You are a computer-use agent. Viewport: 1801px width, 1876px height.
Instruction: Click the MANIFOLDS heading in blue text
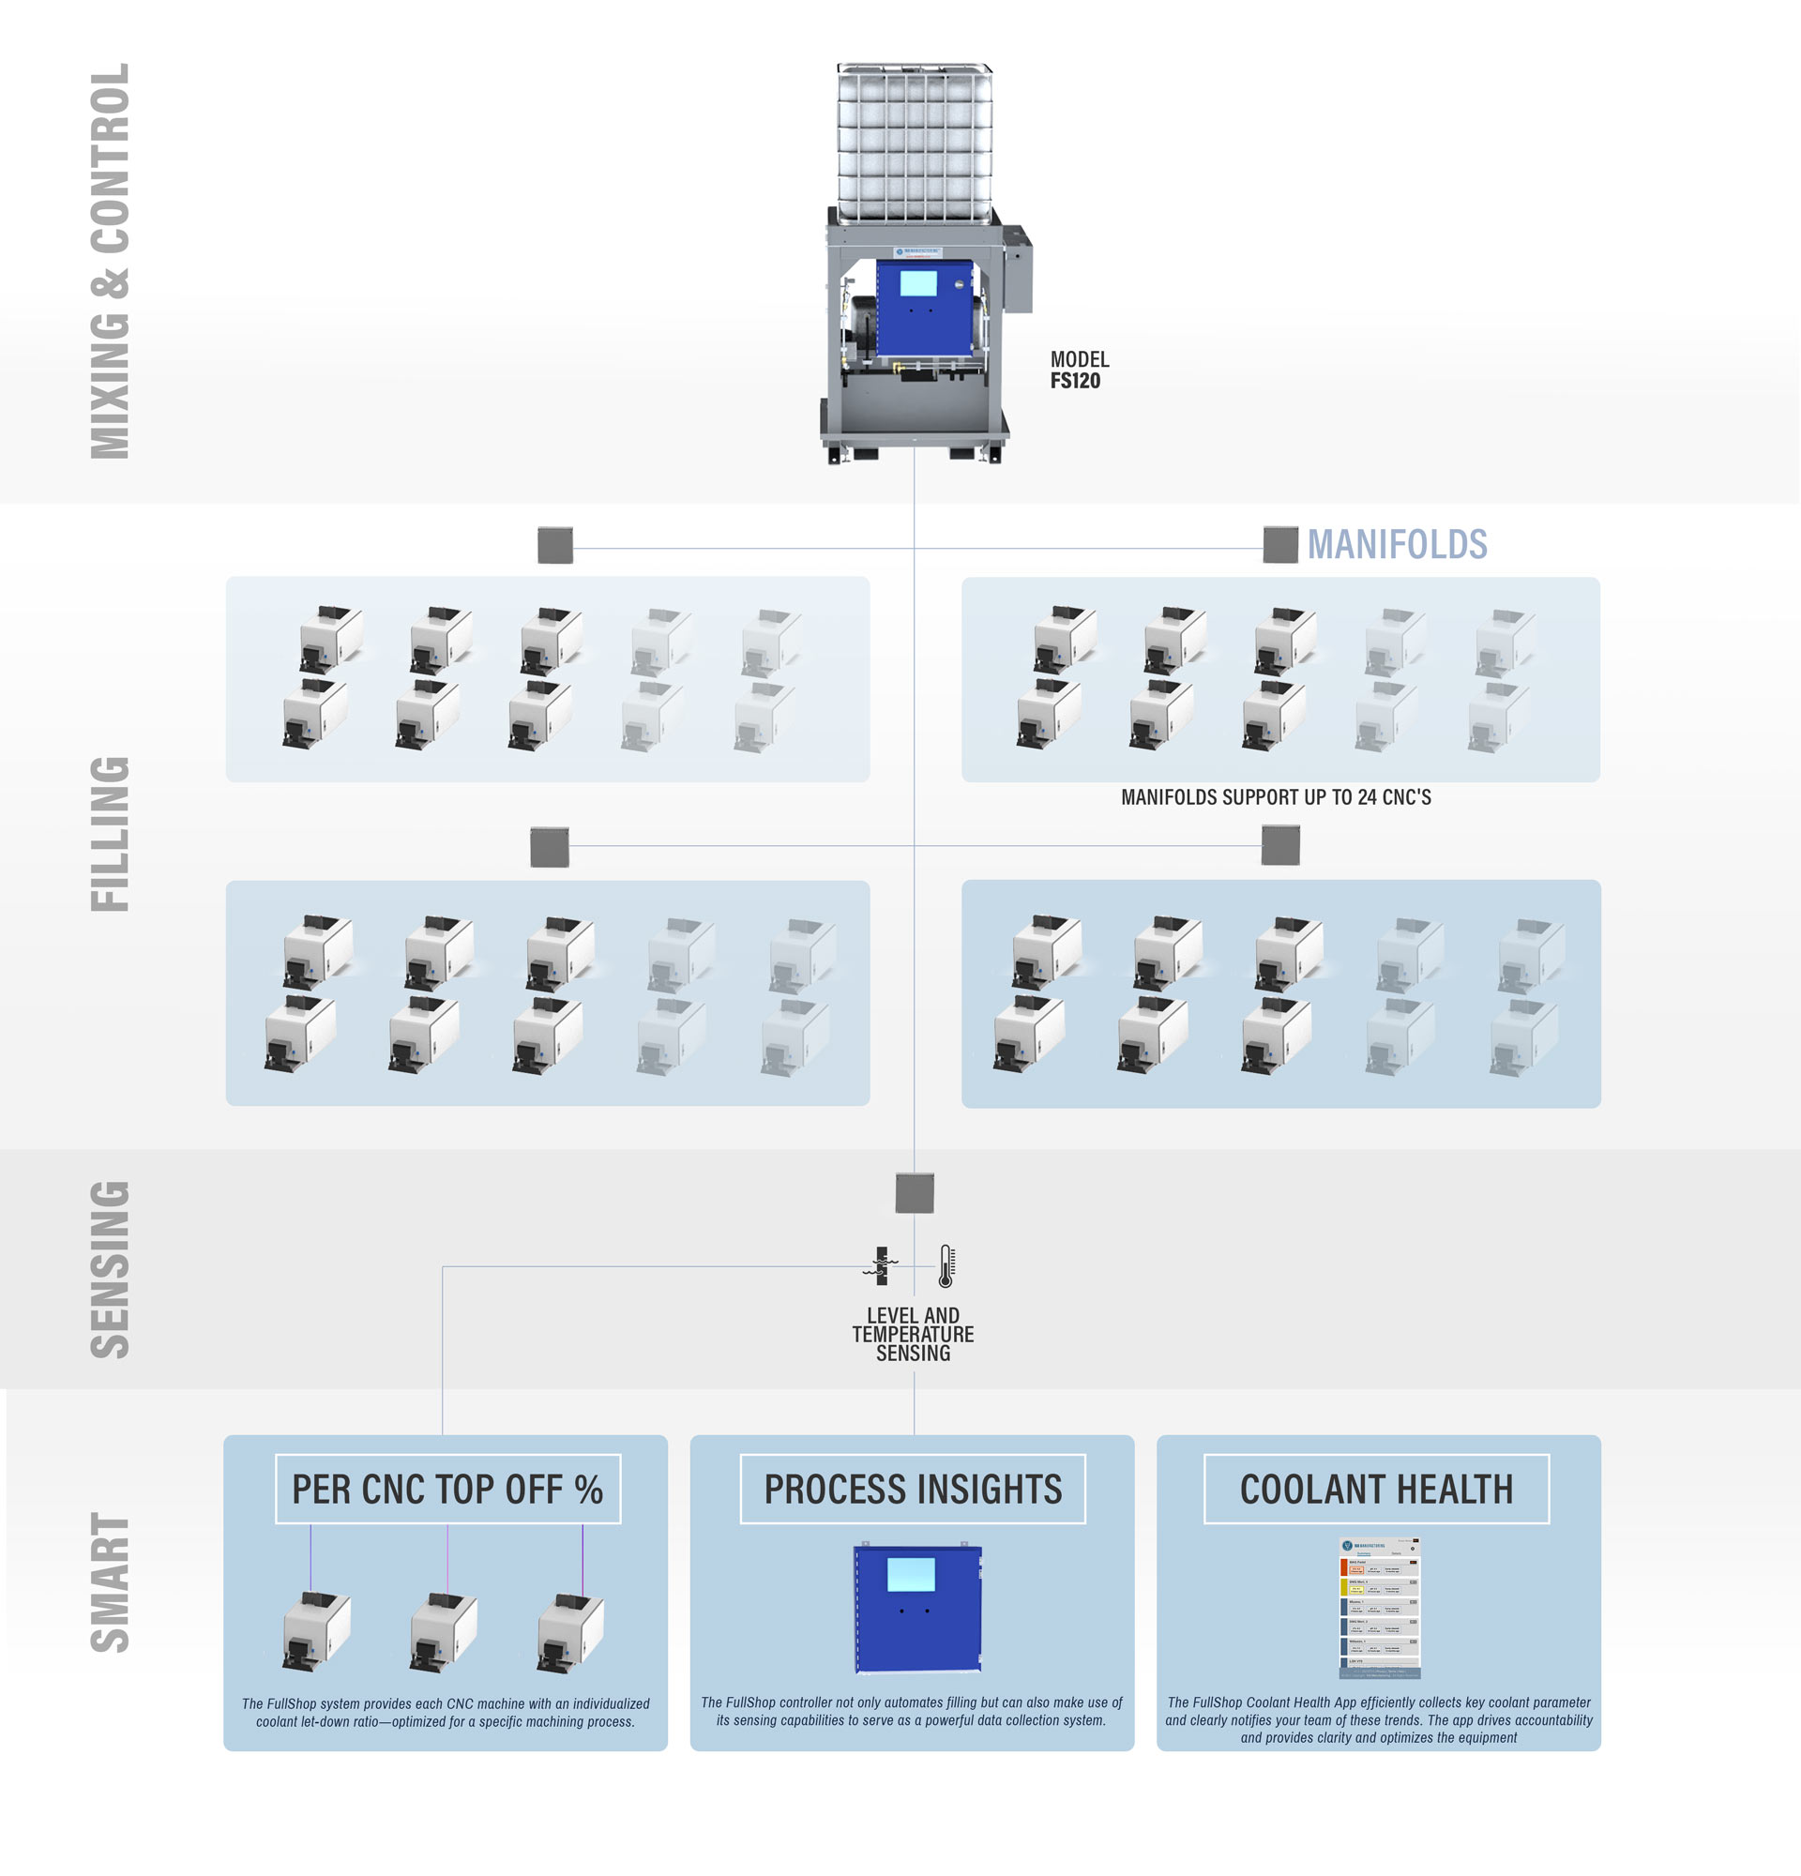[x=1396, y=545]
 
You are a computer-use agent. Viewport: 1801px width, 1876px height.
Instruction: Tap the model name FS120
[x=1075, y=381]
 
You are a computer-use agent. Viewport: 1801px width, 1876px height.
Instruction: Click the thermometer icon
[x=946, y=1265]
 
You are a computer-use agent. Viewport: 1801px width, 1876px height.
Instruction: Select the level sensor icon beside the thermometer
[x=882, y=1265]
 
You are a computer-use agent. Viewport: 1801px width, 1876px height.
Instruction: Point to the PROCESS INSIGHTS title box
[x=912, y=1489]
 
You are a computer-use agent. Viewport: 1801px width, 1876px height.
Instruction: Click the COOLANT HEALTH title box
[x=1375, y=1489]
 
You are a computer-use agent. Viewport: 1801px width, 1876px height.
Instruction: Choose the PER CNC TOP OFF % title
[x=446, y=1489]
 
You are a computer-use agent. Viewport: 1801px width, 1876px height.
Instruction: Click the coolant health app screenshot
[x=1379, y=1608]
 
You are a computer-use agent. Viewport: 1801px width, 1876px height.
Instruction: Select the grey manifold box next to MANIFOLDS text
[x=1279, y=545]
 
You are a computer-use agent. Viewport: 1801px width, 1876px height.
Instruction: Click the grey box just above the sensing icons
[x=914, y=1192]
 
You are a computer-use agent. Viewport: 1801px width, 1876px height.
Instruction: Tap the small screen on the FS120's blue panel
[x=917, y=283]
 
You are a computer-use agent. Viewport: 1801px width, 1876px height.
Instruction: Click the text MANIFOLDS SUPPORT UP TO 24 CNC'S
[x=1275, y=797]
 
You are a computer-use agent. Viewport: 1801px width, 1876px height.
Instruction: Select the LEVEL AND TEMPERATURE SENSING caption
[x=913, y=1333]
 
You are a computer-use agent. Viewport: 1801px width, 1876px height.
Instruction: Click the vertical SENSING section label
[x=110, y=1269]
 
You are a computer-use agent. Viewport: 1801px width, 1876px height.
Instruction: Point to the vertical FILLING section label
[x=110, y=834]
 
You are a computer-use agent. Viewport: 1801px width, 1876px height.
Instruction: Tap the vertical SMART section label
[x=110, y=1582]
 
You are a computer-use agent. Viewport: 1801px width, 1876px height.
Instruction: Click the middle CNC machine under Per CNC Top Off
[x=442, y=1632]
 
